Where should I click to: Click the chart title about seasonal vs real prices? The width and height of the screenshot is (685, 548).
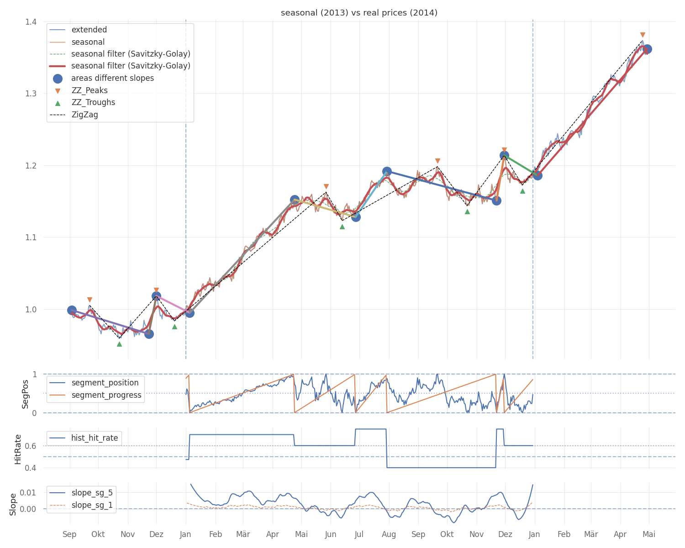[359, 13]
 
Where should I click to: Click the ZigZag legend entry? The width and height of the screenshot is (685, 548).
[84, 115]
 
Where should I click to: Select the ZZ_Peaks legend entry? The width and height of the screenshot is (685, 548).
[90, 90]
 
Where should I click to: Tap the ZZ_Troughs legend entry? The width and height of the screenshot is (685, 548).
[93, 102]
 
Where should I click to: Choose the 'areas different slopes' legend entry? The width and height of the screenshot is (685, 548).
[112, 78]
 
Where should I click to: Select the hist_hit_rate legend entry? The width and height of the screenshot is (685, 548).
[94, 438]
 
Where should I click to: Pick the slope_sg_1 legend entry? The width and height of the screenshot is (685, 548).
[92, 505]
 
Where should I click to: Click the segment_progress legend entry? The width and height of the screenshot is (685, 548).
[106, 395]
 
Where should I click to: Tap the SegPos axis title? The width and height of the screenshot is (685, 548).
[25, 394]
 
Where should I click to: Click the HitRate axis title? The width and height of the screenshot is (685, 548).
[18, 449]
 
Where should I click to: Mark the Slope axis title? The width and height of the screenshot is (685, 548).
[13, 504]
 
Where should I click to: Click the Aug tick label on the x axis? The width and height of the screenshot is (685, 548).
[389, 534]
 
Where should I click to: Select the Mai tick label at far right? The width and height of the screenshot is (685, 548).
[649, 534]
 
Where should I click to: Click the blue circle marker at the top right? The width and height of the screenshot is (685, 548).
[647, 49]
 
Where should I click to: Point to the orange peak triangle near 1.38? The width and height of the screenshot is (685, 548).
[643, 35]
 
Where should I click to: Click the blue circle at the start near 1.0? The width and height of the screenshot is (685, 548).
[72, 310]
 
